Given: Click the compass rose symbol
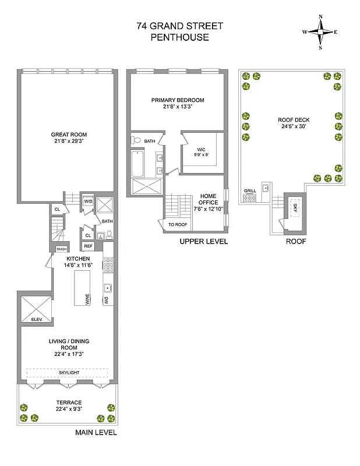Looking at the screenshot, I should tap(320, 32).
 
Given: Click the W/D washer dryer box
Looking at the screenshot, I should tap(88, 202).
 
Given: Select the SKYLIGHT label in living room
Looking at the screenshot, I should tap(68, 372).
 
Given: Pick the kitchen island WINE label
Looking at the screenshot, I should tap(87, 299).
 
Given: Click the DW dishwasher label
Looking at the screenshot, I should tap(107, 301).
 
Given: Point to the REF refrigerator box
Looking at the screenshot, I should tap(88, 246).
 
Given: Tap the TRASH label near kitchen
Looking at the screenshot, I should tap(61, 249).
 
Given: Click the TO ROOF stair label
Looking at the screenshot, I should tap(177, 224).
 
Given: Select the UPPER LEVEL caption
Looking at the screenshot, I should tap(203, 241).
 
